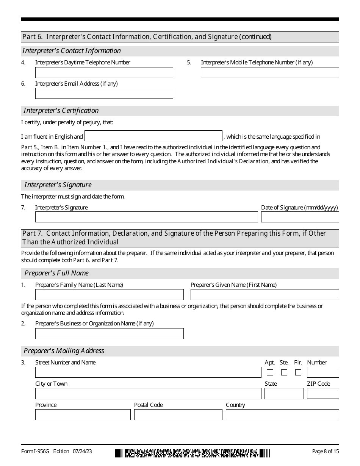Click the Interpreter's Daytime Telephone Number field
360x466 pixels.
[104, 72]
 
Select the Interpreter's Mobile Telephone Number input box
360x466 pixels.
[269, 72]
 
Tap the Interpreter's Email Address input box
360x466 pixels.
[104, 94]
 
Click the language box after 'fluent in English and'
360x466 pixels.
[153, 136]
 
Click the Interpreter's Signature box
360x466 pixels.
[146, 217]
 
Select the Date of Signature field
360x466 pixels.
[300, 217]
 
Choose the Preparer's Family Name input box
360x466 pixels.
[109, 295]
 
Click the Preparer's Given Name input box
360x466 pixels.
[265, 295]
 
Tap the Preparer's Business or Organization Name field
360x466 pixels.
[109, 333]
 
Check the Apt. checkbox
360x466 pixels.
[270, 372]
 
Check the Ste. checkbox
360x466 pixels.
[284, 372]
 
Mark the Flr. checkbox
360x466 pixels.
[298, 372]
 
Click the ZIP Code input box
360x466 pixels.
[322, 394]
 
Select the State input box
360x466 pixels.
[284, 394]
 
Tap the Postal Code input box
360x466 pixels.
[178, 415]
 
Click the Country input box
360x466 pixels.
[282, 415]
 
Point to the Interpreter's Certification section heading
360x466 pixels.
[61, 111]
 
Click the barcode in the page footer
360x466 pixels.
[193, 453]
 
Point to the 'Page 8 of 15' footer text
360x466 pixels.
[325, 451]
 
